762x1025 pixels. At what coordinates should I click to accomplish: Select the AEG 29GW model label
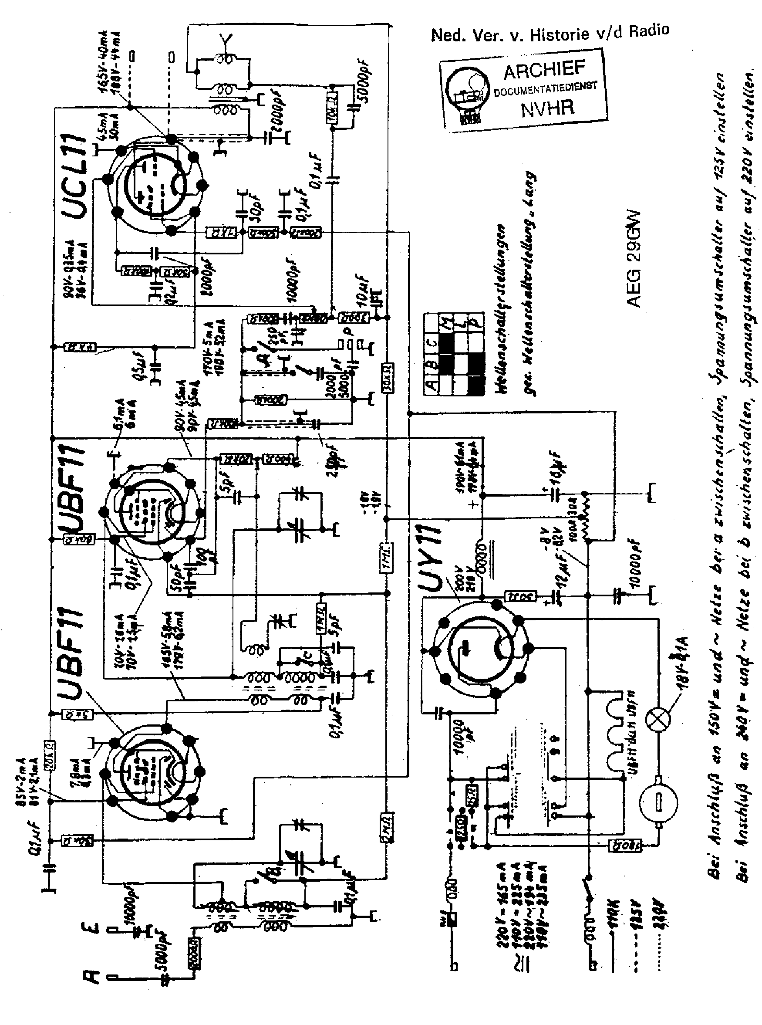coord(634,258)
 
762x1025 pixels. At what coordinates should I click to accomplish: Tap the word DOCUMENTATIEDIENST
coord(545,88)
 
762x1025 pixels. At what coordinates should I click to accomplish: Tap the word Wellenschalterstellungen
coord(502,309)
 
